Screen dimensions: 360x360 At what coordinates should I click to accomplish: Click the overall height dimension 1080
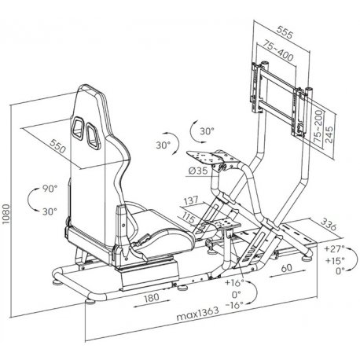(x=6, y=214)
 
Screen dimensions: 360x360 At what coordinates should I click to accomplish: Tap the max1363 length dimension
(x=197, y=314)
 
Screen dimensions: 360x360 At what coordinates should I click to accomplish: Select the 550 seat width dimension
(x=57, y=146)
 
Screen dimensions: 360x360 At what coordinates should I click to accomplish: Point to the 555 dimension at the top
(x=285, y=32)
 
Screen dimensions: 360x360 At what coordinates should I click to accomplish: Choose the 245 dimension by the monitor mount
(x=329, y=134)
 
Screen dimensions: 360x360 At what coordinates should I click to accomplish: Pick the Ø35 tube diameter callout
(x=198, y=171)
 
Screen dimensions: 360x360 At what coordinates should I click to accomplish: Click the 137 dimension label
(x=191, y=201)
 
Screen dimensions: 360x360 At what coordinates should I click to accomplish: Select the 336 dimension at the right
(x=329, y=224)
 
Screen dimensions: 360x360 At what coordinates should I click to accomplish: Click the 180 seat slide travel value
(x=152, y=297)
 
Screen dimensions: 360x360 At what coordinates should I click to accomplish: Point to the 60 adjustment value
(x=287, y=268)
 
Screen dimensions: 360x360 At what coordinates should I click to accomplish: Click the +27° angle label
(x=334, y=248)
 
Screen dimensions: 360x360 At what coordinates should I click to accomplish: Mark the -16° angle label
(x=234, y=305)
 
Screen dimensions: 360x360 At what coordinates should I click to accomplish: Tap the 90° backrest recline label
(x=50, y=189)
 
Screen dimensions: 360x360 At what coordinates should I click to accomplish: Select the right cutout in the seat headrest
(x=92, y=135)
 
